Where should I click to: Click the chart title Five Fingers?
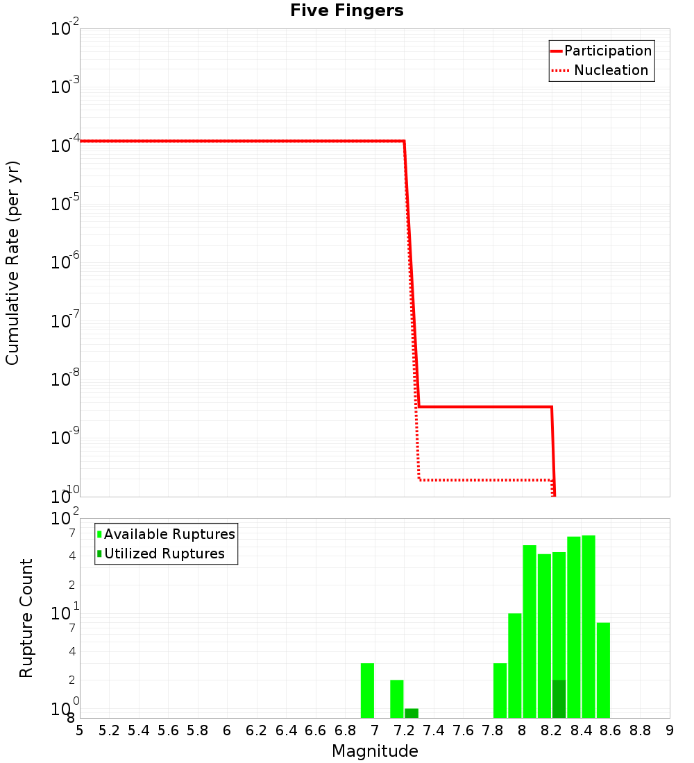346,11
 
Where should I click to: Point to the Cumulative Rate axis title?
12,263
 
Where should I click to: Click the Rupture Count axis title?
26,618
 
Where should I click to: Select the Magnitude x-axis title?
375,751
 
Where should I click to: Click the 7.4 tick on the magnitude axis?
433,730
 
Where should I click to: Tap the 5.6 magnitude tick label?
168,730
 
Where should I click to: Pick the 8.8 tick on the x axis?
640,730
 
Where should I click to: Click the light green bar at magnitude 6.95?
367,690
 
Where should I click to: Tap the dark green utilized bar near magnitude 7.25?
412,713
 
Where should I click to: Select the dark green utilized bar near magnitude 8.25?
559,698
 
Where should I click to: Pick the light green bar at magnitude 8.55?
603,670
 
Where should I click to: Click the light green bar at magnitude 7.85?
500,690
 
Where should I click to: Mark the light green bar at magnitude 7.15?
397,698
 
